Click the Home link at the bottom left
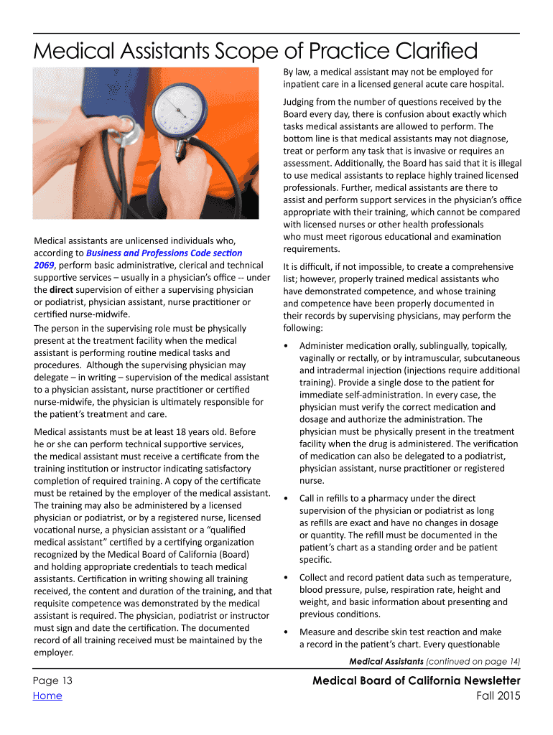[47, 696]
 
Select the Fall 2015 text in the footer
[498, 696]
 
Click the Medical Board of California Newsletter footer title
[417, 680]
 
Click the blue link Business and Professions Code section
[164, 253]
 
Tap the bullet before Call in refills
[287, 498]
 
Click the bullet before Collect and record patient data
[287, 578]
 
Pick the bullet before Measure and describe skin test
[287, 632]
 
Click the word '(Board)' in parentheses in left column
[233, 554]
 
